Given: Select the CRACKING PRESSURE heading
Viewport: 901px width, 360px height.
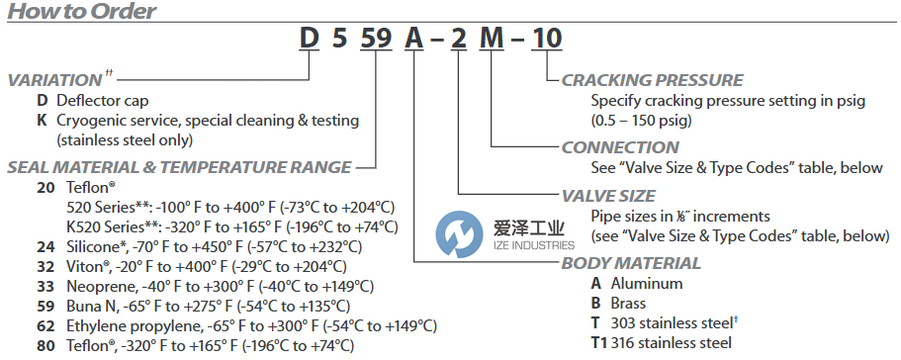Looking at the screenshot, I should (652, 80).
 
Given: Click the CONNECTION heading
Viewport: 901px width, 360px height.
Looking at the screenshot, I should (620, 147).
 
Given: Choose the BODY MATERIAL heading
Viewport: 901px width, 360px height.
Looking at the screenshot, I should (631, 263).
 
